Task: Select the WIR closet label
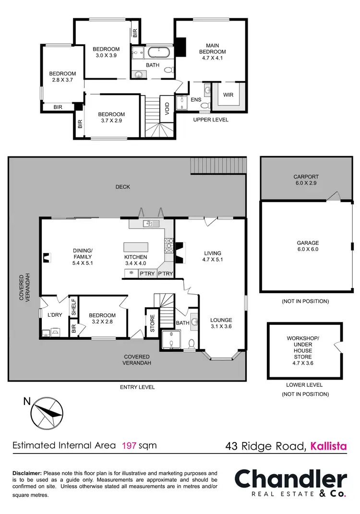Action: pyautogui.click(x=228, y=95)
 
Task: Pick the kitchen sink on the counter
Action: pyautogui.click(x=149, y=224)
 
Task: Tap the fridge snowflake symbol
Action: pyautogui.click(x=130, y=274)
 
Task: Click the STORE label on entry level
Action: pyautogui.click(x=153, y=324)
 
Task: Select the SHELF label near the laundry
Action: pyautogui.click(x=73, y=307)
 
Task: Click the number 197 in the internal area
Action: pyautogui.click(x=130, y=445)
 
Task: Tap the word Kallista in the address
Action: pyautogui.click(x=328, y=446)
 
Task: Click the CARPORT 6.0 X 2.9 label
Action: pyautogui.click(x=306, y=180)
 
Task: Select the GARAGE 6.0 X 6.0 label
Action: pyautogui.click(x=308, y=246)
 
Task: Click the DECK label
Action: pyautogui.click(x=122, y=187)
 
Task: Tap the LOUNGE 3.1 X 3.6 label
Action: pyautogui.click(x=221, y=323)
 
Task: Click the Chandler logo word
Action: pyautogui.click(x=290, y=480)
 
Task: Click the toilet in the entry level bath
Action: pyautogui.click(x=192, y=344)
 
